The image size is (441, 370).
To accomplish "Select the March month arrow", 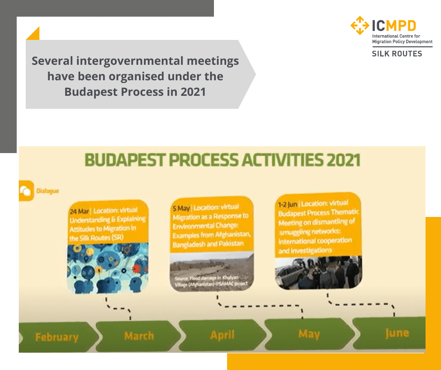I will click(x=139, y=336).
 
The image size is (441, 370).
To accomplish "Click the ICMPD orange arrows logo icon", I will click(x=360, y=25).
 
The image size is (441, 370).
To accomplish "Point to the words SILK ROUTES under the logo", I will click(x=397, y=54).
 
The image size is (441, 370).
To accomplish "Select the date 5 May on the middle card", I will click(x=181, y=207).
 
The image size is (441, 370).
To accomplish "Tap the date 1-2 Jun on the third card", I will click(x=288, y=204).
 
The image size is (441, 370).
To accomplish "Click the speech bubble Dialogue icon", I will click(x=26, y=191).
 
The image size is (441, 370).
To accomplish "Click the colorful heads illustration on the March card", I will click(x=107, y=268).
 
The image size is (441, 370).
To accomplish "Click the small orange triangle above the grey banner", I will click(x=34, y=34).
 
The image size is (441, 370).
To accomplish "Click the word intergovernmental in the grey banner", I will click(x=135, y=61).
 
